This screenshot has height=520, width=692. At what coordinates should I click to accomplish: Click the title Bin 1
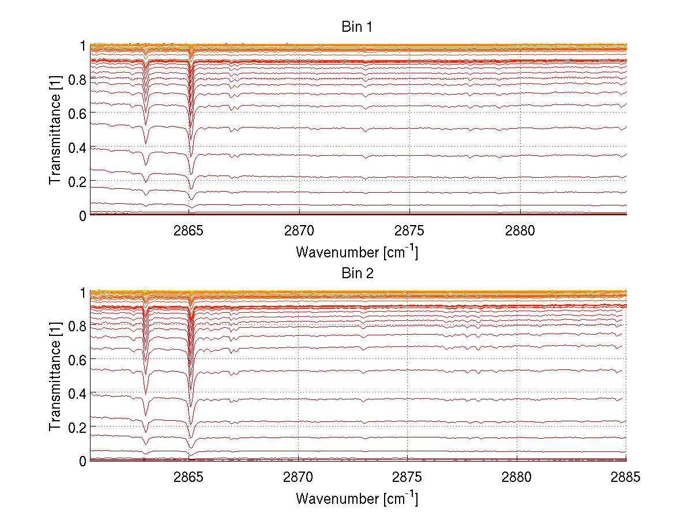pos(357,27)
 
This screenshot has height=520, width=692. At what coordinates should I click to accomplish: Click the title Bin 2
pos(357,274)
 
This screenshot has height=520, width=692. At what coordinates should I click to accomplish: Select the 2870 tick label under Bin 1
pos(299,230)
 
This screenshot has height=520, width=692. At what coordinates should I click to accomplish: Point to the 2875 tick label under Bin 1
pos(409,230)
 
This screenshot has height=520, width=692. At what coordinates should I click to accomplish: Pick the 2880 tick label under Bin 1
pos(520,230)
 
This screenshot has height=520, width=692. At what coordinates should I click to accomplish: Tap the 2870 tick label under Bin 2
pos(298,476)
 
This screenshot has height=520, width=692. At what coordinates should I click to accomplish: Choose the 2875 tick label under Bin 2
pos(408,476)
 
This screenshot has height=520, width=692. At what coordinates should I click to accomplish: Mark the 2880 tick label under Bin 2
pos(517,476)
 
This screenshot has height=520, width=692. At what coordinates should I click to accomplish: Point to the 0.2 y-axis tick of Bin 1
pos(77,181)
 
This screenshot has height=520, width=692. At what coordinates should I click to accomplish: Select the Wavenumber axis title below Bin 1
pos(357,252)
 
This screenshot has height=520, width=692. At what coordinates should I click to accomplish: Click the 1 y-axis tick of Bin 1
pos(83,45)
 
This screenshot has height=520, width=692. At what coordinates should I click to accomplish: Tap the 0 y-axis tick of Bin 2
pos(83,461)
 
